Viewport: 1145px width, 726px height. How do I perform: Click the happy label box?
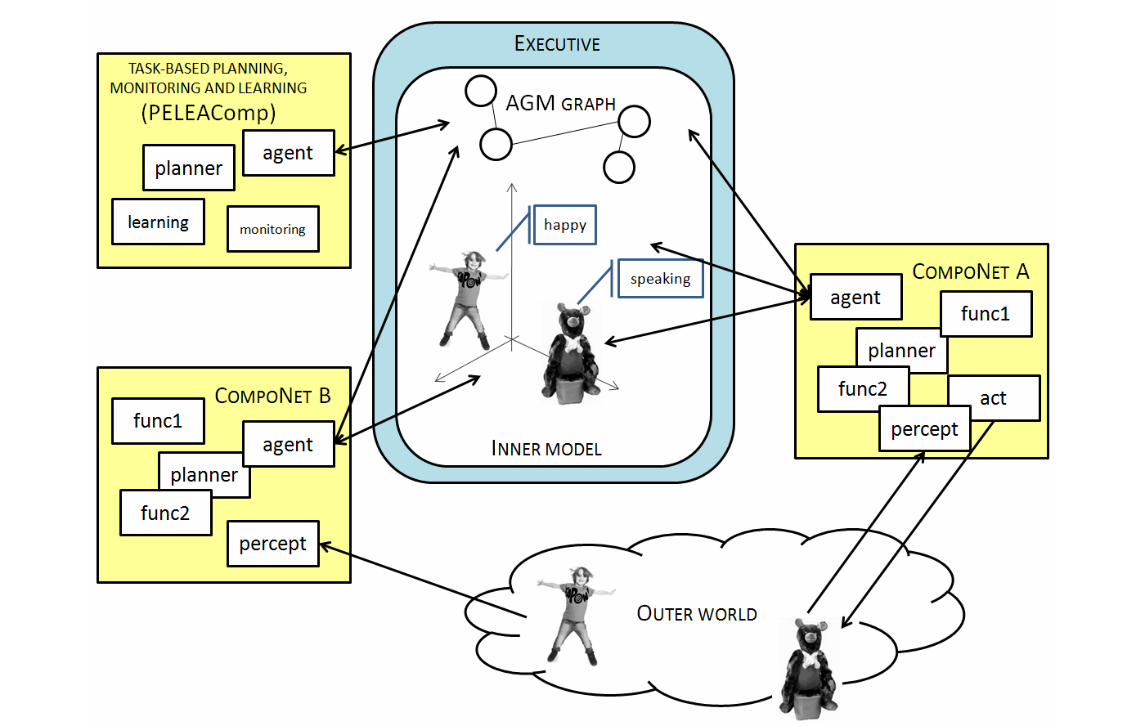(564, 225)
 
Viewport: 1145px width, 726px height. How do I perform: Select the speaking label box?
(660, 279)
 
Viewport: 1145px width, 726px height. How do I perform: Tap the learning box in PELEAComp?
(158, 222)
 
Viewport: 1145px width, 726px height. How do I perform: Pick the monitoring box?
(272, 229)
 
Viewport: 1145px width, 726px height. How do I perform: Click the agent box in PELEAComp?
(288, 153)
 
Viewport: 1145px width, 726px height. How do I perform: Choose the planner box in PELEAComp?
(188, 168)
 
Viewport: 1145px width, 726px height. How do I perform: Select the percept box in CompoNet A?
(924, 429)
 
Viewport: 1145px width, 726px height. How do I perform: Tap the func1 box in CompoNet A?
(986, 314)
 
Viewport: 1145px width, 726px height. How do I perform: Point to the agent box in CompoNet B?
(288, 445)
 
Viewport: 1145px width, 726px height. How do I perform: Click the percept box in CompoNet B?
(272, 544)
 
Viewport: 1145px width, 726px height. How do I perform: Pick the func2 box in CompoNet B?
(165, 513)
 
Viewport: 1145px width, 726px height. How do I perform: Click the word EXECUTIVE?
(557, 44)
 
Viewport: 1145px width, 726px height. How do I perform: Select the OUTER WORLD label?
(697, 614)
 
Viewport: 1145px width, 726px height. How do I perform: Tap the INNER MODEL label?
(546, 449)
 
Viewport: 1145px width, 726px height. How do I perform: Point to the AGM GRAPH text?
(560, 104)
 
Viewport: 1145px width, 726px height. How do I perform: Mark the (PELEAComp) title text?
(209, 113)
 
